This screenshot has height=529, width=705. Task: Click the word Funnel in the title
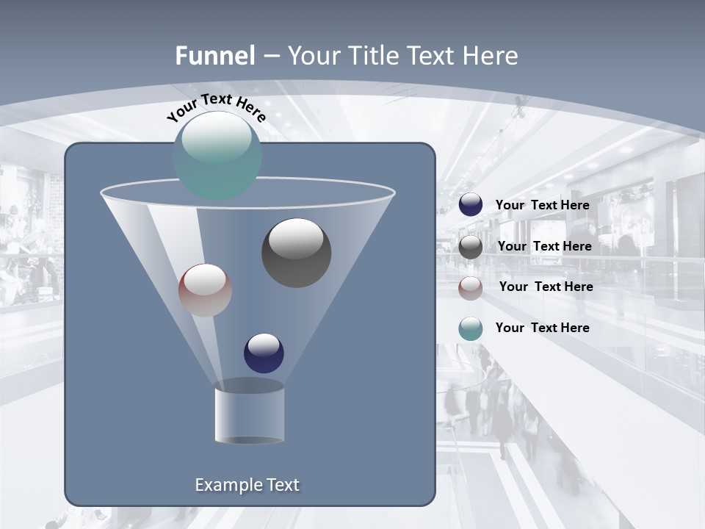click(215, 56)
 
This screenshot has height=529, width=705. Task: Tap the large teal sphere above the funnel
click(217, 156)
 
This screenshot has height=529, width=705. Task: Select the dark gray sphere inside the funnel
click(297, 253)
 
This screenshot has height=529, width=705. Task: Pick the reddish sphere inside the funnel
click(205, 290)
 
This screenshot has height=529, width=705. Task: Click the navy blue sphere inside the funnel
click(264, 353)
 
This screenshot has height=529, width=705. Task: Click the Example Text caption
click(247, 485)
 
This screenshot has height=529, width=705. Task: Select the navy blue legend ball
click(471, 204)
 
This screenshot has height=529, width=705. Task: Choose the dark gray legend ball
click(471, 247)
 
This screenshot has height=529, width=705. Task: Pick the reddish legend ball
click(471, 288)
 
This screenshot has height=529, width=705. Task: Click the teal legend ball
click(471, 329)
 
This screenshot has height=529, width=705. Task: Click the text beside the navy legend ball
click(542, 205)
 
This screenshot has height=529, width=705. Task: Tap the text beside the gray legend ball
click(544, 246)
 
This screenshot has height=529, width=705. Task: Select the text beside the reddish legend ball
click(546, 287)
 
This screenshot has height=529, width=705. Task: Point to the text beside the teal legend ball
click(542, 328)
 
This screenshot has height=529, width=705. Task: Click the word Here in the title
click(491, 56)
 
